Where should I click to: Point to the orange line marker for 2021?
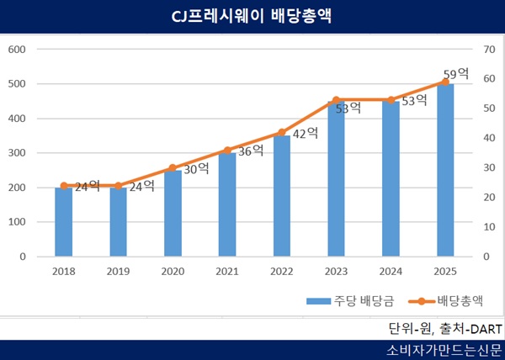(227, 151)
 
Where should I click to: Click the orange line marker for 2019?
(119, 186)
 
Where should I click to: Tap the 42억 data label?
(306, 132)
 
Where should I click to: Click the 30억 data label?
(196, 168)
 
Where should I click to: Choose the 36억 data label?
(251, 151)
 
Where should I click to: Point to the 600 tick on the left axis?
(17, 49)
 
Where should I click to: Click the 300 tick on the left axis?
(17, 153)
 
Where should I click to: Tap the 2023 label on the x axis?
(337, 271)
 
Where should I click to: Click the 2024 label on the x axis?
(391, 271)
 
